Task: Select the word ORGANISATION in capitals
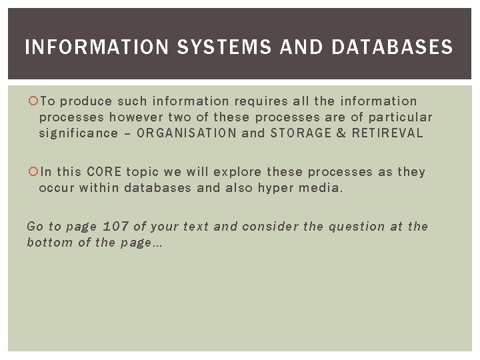(186, 133)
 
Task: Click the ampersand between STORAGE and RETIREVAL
(341, 133)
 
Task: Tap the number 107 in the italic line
(116, 227)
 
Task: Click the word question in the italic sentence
(357, 227)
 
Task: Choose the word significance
(78, 133)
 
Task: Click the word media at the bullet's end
(319, 188)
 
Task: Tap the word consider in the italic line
(269, 227)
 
